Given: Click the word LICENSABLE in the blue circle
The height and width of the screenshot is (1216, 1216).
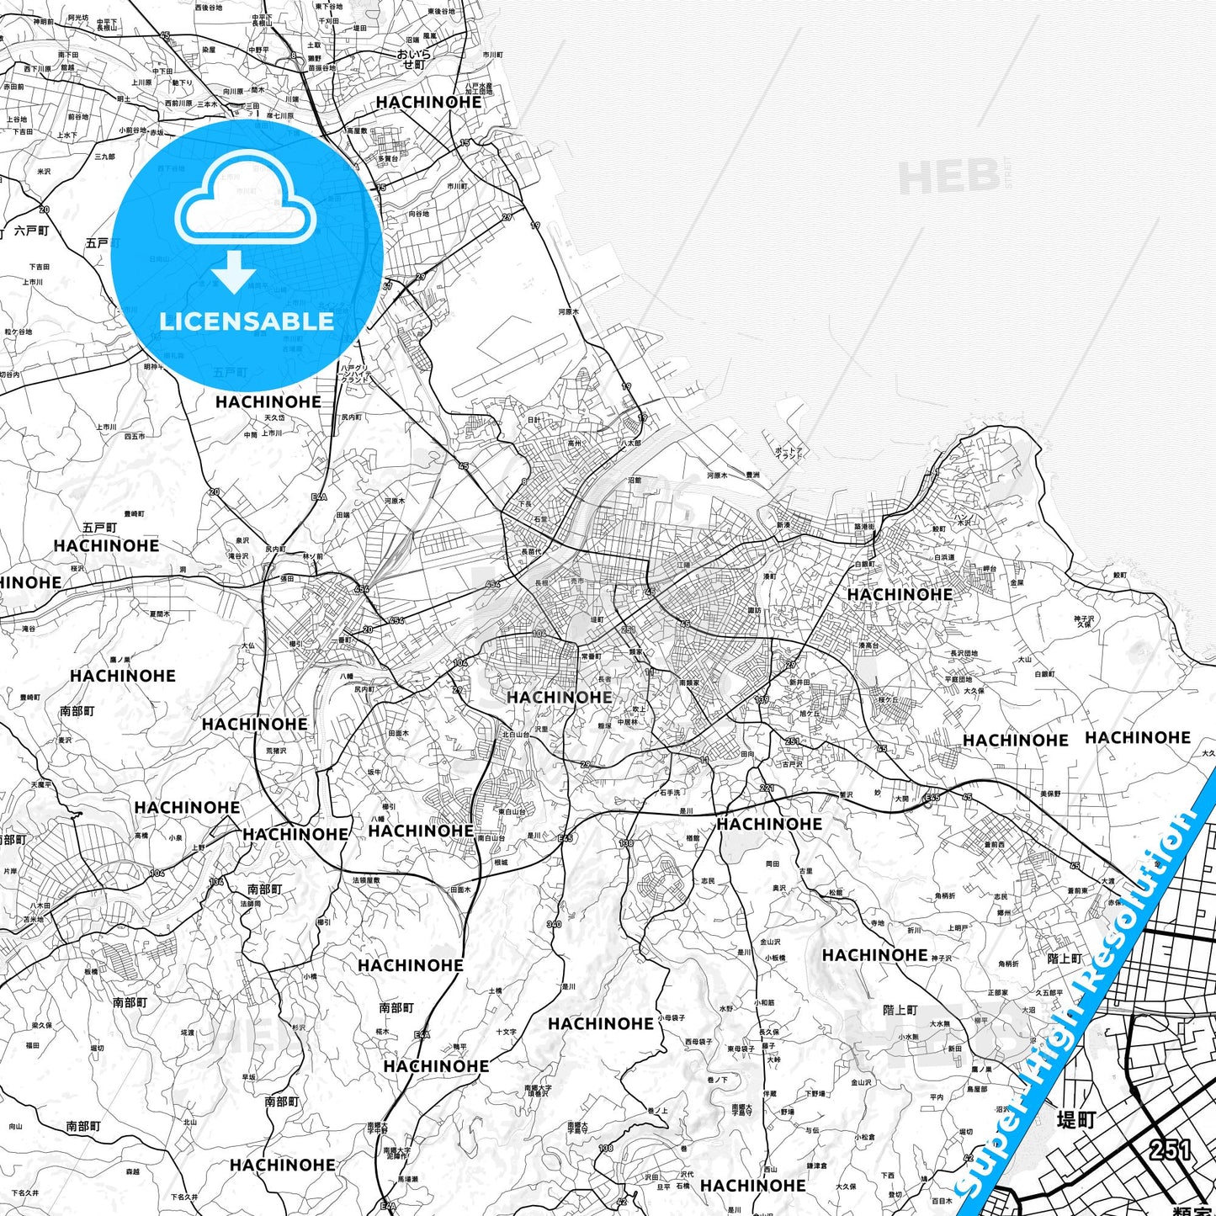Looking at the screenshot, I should coord(247,321).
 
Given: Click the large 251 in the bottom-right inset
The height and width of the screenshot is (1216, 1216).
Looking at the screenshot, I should coord(1169,1150).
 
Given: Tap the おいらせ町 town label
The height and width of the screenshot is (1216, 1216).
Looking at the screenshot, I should coord(413,59).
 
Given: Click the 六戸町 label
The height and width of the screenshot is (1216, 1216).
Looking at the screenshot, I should coord(31,231).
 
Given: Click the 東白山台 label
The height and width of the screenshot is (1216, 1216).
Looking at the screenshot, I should coord(512,812).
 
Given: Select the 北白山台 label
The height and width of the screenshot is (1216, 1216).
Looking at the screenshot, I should coord(516,735).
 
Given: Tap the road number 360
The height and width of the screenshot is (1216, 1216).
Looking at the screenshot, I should coord(553,924).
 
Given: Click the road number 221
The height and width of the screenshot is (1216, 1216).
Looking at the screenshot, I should coord(766,788).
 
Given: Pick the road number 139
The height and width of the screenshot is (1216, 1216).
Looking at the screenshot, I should coord(762,699).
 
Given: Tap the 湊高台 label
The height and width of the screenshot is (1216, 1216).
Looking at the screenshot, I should coord(868,645).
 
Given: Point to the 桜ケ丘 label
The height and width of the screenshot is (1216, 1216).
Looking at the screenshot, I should coord(888,699).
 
